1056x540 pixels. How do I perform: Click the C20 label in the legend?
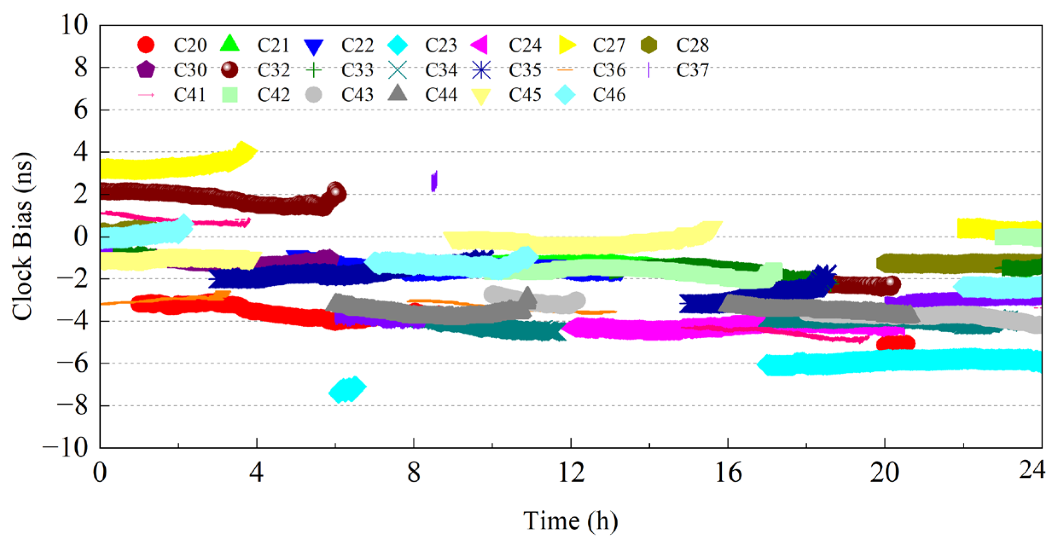(x=190, y=45)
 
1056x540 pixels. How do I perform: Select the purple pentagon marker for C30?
(x=146, y=70)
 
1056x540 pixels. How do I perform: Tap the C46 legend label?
(x=609, y=95)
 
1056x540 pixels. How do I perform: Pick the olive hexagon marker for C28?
(x=649, y=45)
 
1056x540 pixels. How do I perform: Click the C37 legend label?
(x=692, y=70)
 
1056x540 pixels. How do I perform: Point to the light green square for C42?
(x=230, y=95)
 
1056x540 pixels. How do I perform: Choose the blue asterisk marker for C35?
(x=481, y=70)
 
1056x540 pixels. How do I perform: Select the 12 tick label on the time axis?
(x=571, y=473)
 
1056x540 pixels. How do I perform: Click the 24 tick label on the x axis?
(x=1032, y=470)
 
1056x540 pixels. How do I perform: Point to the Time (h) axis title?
(x=570, y=520)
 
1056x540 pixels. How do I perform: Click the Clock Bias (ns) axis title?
(x=22, y=236)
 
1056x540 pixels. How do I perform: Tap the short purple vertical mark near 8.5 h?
(x=434, y=181)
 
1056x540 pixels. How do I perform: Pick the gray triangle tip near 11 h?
(x=528, y=294)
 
